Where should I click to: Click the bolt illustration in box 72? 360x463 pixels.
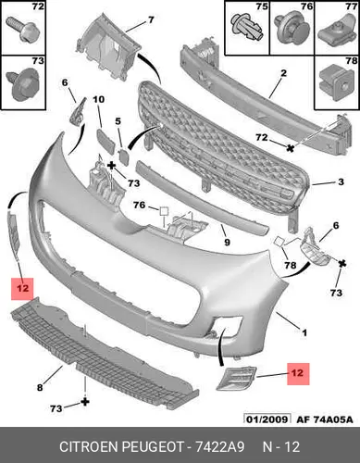click(21, 30)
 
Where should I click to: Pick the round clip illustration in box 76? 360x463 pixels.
click(292, 30)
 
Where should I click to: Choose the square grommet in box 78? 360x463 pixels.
click(337, 81)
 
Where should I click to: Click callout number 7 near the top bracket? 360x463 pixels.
click(151, 20)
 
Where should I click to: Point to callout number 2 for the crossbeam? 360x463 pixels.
click(283, 73)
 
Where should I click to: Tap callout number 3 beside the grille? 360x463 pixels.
click(341, 181)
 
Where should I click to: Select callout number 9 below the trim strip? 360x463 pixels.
click(227, 243)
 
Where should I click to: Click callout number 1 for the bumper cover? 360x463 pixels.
click(304, 332)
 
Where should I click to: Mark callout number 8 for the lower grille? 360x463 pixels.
click(40, 387)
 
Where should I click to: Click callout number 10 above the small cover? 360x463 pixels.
click(99, 99)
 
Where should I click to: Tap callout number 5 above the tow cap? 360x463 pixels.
click(118, 121)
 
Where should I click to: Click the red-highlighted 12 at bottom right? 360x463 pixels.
click(298, 373)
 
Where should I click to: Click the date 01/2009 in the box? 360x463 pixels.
click(267, 419)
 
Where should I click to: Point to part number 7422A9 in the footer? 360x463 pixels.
click(220, 447)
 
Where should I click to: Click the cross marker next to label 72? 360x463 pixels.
click(290, 148)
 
